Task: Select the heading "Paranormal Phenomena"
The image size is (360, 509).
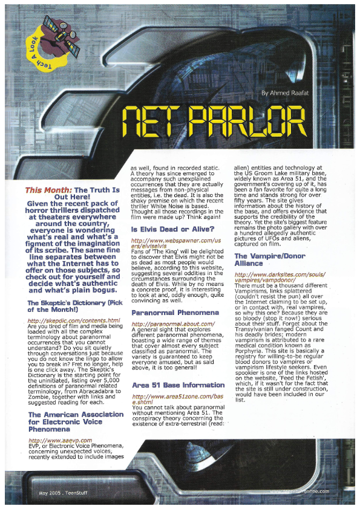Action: [175, 313]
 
